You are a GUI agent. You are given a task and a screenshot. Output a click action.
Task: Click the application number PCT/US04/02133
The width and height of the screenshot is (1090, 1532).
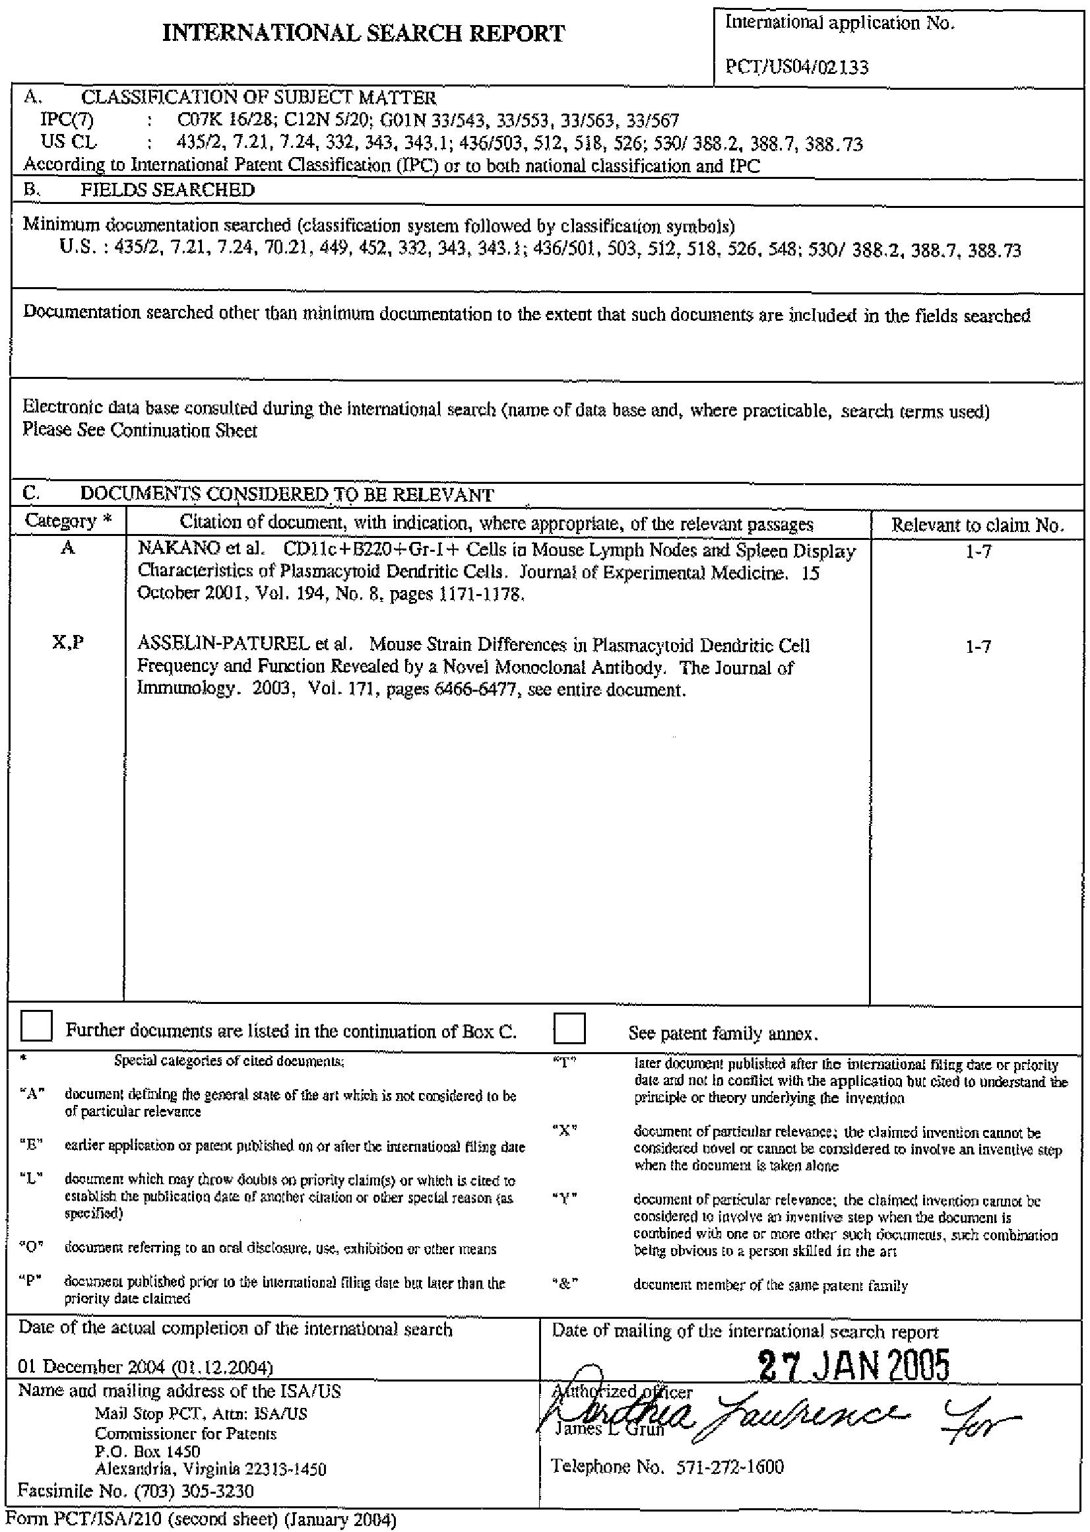(x=797, y=67)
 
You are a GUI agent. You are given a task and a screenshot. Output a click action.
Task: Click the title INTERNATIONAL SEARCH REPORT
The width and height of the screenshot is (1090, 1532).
(x=364, y=33)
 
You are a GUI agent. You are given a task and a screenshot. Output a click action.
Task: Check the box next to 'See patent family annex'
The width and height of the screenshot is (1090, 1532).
(x=569, y=1028)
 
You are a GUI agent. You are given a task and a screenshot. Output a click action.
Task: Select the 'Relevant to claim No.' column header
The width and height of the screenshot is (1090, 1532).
(x=977, y=525)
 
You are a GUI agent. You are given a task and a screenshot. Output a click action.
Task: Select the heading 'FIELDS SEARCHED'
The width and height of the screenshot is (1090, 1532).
(x=167, y=191)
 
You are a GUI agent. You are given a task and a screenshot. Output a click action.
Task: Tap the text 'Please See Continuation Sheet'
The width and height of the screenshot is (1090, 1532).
(x=140, y=430)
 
